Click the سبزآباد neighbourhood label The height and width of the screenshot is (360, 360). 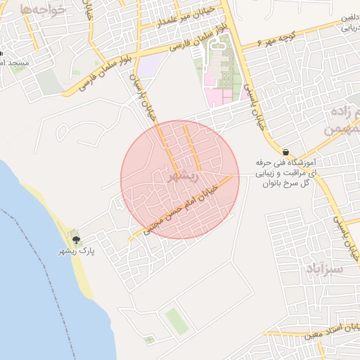pyautogui.click(x=324, y=269)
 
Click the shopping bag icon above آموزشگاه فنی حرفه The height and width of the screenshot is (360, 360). pyautogui.click(x=285, y=152)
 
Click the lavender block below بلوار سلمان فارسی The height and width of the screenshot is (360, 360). pyautogui.click(x=148, y=67)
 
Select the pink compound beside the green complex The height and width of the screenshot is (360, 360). pyautogui.click(x=224, y=94)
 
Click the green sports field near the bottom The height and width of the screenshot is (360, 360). pyautogui.click(x=176, y=321)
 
